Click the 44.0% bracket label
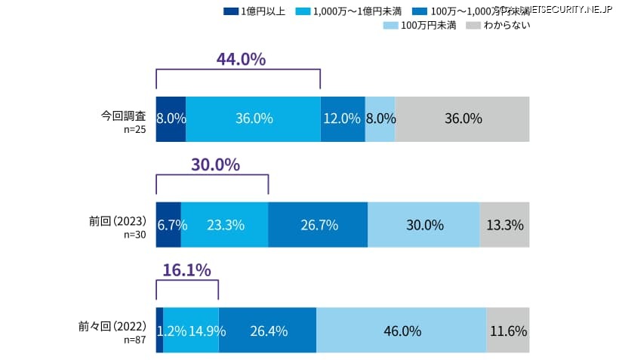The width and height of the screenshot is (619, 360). coord(241,59)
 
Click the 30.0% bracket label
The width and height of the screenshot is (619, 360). coord(215,164)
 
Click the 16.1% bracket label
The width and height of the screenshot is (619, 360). coord(186,270)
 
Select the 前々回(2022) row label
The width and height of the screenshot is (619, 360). coord(114,328)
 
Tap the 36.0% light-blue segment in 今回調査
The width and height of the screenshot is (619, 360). coord(253,118)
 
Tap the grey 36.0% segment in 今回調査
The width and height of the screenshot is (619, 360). coord(462,118)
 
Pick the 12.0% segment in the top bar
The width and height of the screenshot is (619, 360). coord(343,118)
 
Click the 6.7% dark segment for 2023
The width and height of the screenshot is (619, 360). coord(168,224)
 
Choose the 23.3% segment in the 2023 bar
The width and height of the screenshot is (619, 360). coord(224,224)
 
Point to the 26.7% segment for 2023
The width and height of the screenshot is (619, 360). coord(318,224)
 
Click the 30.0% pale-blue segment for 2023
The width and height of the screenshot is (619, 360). coord(423,224)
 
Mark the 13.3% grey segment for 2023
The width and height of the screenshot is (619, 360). coord(504,224)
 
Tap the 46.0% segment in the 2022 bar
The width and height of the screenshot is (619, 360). coord(401,330)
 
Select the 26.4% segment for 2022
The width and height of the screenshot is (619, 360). coord(267,330)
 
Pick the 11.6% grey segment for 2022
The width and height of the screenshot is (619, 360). coord(507,330)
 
